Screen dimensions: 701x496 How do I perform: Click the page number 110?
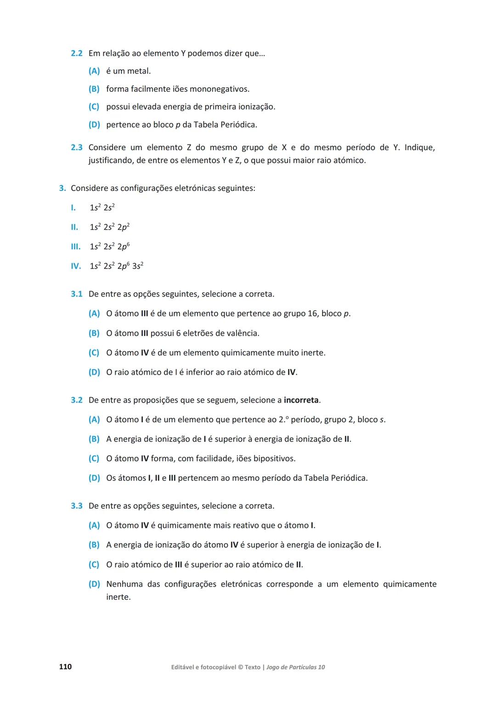[65, 667]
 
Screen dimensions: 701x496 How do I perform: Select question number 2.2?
[76, 54]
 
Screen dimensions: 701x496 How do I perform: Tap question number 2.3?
[76, 148]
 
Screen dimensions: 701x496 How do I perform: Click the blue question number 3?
[62, 188]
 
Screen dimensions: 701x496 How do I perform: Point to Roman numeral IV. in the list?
[76, 266]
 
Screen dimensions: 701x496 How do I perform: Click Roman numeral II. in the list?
[74, 227]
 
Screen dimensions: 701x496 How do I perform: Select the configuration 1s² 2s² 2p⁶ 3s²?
[117, 266]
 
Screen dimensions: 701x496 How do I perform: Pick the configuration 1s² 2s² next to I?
[102, 207]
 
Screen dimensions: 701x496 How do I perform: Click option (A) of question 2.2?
[94, 71]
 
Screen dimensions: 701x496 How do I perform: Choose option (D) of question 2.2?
[94, 125]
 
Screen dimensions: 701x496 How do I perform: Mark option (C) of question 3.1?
[94, 353]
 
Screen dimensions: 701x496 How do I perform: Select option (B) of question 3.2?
[94, 439]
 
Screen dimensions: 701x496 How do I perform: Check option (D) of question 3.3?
[94, 584]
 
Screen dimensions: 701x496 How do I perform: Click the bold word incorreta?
[301, 400]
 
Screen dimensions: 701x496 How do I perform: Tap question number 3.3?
[76, 506]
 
